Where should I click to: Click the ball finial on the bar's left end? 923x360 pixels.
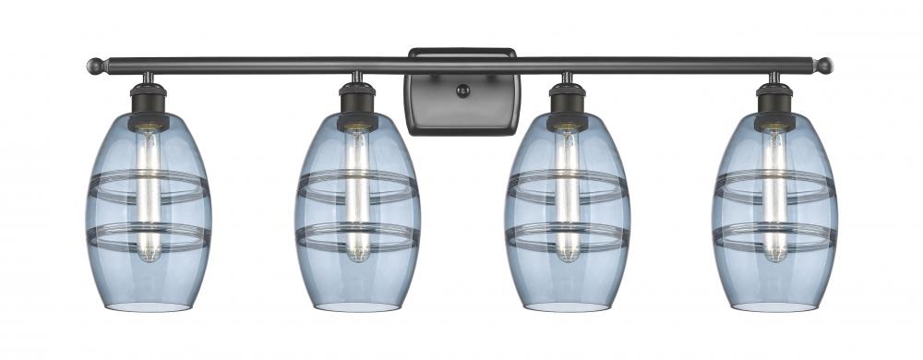[x=96, y=66]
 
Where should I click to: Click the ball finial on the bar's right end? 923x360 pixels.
[x=824, y=66]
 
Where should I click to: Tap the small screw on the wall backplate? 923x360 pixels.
[x=463, y=90]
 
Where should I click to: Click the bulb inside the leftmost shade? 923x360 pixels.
[x=149, y=194]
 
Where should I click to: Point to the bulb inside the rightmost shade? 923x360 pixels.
[x=774, y=194]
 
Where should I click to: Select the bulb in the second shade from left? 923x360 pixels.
[x=357, y=194]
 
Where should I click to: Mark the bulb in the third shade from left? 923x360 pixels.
[x=567, y=194]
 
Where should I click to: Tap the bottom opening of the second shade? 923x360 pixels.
[x=357, y=306]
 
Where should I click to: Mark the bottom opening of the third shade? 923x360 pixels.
[x=567, y=306]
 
